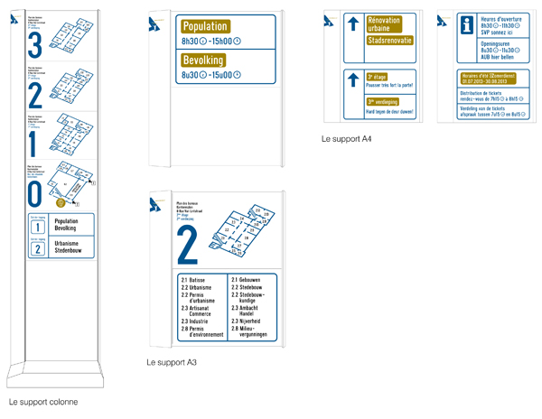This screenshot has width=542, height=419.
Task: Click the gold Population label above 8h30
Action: coord(204,27)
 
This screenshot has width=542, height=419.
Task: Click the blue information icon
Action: coord(467,26)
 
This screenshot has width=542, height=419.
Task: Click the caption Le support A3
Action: coord(172,362)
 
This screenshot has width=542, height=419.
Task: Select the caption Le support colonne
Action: coord(43,401)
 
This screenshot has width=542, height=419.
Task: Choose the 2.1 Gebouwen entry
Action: coord(248,281)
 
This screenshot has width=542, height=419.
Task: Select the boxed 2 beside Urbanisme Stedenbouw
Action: coord(37,248)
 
